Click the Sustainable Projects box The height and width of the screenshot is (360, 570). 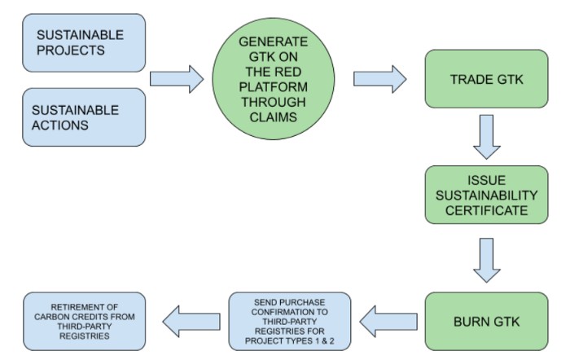[x=84, y=43]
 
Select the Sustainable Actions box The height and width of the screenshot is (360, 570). [x=84, y=117]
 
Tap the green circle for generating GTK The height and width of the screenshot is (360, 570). [x=274, y=79]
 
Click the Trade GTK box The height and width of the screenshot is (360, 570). [x=486, y=79]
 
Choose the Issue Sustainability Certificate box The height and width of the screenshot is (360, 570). [x=486, y=195]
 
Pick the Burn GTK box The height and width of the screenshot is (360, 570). [x=486, y=322]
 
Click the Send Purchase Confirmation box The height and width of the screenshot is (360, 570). [x=290, y=322]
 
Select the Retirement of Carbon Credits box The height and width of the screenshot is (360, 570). [x=85, y=322]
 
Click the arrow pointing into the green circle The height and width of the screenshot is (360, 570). [x=177, y=79]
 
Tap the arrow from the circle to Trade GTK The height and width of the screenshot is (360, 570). [x=380, y=79]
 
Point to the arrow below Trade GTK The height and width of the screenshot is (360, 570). [x=487, y=137]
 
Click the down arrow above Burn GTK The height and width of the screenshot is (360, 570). [x=487, y=261]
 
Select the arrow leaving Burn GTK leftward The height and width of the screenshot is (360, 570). [x=388, y=322]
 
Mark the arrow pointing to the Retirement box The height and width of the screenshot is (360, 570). [x=191, y=322]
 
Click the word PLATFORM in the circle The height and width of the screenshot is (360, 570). [x=274, y=87]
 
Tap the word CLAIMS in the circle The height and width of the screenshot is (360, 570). [x=274, y=117]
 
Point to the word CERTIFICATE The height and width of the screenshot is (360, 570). [x=486, y=210]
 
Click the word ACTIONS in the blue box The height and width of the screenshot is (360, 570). [x=60, y=125]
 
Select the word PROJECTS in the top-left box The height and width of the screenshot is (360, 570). [x=71, y=50]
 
